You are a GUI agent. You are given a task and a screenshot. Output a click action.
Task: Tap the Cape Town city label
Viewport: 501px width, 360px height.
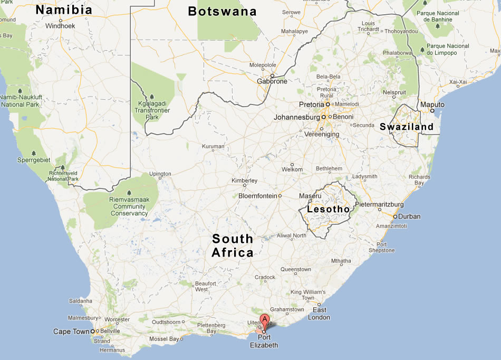pyautogui.click(x=71, y=331)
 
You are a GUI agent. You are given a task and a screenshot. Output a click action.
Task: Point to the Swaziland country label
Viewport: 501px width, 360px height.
pyautogui.click(x=406, y=127)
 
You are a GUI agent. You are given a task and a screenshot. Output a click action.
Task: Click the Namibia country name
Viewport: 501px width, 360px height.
pyautogui.click(x=64, y=10)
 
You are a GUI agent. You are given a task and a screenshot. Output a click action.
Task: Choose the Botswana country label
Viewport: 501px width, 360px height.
pyautogui.click(x=222, y=11)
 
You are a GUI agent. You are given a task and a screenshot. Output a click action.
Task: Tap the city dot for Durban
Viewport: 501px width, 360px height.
pyautogui.click(x=395, y=216)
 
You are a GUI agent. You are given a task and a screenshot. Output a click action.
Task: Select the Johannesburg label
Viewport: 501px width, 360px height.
pyautogui.click(x=296, y=117)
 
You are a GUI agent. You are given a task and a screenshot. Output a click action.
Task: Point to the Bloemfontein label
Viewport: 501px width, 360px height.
pyautogui.click(x=258, y=195)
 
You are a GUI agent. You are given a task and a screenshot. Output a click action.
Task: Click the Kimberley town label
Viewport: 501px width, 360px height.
pyautogui.click(x=244, y=181)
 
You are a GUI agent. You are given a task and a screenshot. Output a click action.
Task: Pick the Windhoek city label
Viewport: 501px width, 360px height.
pyautogui.click(x=61, y=25)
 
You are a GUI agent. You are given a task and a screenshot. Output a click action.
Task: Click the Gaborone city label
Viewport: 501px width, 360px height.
pyautogui.click(x=272, y=81)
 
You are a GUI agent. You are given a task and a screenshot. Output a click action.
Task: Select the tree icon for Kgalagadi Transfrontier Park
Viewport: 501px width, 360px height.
pyautogui.click(x=151, y=97)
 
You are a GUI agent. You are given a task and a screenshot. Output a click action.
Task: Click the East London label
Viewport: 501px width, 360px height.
pyautogui.click(x=319, y=314)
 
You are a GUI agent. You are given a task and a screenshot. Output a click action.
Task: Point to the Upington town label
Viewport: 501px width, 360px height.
pyautogui.click(x=160, y=174)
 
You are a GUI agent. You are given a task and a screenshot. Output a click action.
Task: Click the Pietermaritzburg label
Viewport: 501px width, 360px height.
pyautogui.click(x=380, y=204)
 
